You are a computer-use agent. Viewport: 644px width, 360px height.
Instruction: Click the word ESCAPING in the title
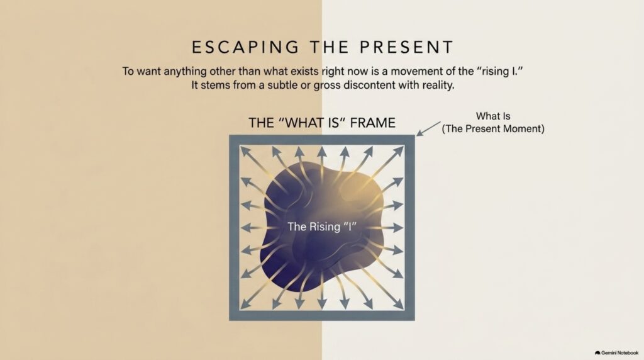[x=246, y=47]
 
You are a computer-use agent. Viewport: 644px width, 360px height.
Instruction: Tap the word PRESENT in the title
[x=407, y=47]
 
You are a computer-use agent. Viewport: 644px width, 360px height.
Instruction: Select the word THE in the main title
[x=330, y=47]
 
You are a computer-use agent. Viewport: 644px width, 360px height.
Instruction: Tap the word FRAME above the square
[x=372, y=123]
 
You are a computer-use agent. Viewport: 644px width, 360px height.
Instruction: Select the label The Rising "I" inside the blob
[x=321, y=227]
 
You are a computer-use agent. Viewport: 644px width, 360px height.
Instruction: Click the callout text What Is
[x=493, y=116]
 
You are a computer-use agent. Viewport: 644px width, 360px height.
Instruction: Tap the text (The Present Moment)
[x=493, y=128]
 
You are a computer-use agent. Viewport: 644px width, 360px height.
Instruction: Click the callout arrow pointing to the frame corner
[x=428, y=128]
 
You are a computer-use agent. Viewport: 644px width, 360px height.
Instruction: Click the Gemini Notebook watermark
[x=616, y=352]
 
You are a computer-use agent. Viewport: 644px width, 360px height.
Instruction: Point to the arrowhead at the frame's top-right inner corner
[x=398, y=151]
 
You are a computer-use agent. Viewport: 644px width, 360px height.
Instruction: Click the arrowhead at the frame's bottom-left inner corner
[x=246, y=303]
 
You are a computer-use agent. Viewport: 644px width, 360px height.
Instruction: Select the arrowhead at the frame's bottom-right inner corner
[x=398, y=303]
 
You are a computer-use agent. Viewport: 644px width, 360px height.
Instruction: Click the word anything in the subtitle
[x=185, y=72]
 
